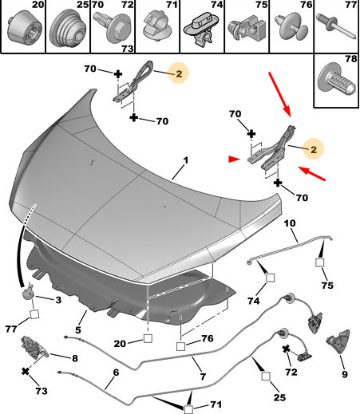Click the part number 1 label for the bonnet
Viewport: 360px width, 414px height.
(x=186, y=160)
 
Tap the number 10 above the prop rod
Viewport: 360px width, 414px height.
(x=290, y=223)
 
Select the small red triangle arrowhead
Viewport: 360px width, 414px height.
(x=234, y=159)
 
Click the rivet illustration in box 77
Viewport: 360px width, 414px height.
(x=336, y=26)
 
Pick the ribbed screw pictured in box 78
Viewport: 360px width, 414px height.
(x=338, y=79)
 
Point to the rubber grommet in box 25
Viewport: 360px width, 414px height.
(x=68, y=29)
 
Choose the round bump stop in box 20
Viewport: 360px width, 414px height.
(x=23, y=27)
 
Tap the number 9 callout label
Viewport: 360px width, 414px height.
(x=345, y=374)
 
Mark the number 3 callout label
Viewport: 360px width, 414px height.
(x=58, y=300)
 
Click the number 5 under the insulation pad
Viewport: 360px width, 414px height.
(x=77, y=330)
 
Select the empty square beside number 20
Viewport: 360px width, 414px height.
(x=148, y=338)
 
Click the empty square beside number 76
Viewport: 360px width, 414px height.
(x=180, y=346)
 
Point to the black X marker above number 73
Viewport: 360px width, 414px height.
(x=26, y=371)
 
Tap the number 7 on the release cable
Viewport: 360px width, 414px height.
(x=203, y=377)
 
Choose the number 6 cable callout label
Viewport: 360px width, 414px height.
(x=116, y=373)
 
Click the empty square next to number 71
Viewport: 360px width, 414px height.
(x=188, y=409)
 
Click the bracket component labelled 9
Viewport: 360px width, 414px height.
(x=338, y=342)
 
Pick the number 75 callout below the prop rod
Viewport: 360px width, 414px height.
(x=327, y=286)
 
